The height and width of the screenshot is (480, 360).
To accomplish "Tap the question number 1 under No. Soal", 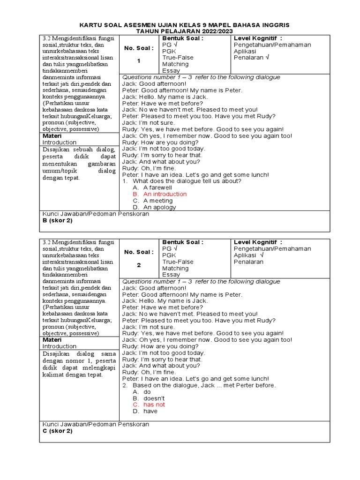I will click(138, 61).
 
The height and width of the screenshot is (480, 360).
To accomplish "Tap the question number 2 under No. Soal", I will click(138, 265).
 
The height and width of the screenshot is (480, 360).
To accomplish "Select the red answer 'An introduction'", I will click(165, 194).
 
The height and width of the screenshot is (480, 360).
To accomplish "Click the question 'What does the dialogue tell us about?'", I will click(187, 181).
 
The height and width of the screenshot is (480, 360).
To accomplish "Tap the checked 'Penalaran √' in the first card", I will click(251, 58).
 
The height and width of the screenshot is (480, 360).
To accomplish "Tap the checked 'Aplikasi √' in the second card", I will click(248, 255).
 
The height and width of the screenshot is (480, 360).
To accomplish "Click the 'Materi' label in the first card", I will click(52, 135).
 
